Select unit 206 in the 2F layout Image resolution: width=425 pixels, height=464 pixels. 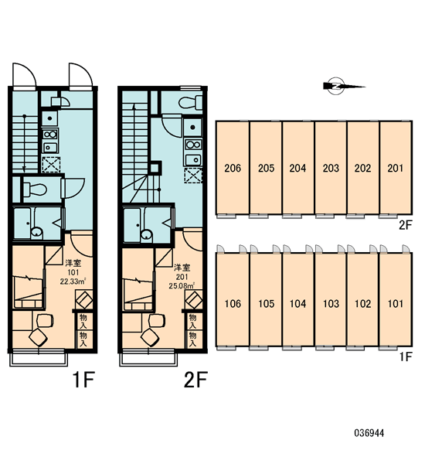click(233, 168)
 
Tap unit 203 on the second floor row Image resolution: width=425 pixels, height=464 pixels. click(331, 168)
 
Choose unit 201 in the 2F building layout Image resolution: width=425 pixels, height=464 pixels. click(396, 168)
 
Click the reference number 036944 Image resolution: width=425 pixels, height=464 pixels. click(369, 433)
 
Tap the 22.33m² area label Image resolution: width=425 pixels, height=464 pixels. click(73, 281)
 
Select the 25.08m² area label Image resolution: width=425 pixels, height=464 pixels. click(182, 286)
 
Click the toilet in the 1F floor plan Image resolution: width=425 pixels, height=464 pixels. click(35, 189)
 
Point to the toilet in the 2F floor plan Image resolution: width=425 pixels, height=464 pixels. click(190, 103)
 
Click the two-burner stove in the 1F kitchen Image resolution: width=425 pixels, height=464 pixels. click(50, 135)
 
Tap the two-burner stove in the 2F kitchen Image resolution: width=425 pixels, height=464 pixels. click(193, 145)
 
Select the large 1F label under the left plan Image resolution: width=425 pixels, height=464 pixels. click(83, 380)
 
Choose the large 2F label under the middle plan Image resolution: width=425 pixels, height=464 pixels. click(195, 380)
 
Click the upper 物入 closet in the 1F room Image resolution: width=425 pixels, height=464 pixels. click(83, 322)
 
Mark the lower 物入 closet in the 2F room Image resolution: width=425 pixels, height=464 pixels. click(193, 339)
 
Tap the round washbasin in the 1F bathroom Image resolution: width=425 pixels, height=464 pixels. click(36, 232)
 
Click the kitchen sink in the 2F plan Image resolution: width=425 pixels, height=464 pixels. click(193, 160)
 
